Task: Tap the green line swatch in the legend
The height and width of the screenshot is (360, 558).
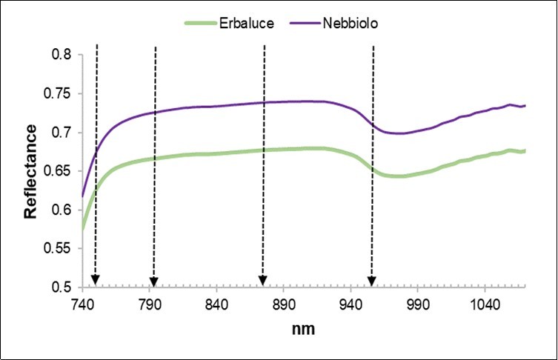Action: [x=199, y=24]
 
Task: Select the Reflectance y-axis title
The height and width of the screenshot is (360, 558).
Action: [x=30, y=171]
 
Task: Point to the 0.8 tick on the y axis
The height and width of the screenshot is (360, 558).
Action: [x=64, y=55]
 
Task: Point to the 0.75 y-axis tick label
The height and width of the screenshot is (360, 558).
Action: [x=61, y=94]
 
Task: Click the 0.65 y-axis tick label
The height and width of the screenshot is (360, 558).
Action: [x=61, y=172]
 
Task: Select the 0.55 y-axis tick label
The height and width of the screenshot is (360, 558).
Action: [x=61, y=249]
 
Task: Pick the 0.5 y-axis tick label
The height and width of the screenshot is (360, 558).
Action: [x=64, y=287]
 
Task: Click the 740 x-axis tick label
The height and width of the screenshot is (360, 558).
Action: [x=82, y=304]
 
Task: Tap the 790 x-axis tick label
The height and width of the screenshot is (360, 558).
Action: [x=150, y=304]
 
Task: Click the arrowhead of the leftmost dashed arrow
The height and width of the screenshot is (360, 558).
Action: [x=96, y=280]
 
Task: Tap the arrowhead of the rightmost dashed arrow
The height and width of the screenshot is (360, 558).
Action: [x=372, y=280]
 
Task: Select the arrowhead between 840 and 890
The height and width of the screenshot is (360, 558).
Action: [x=262, y=280]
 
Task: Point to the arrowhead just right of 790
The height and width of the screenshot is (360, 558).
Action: [x=153, y=280]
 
